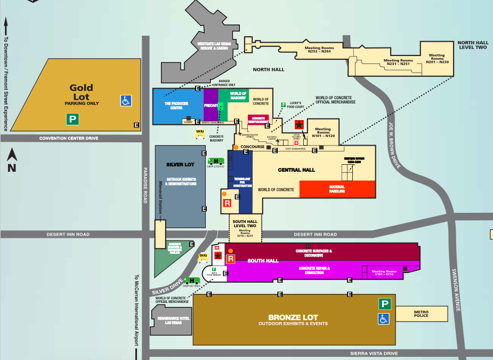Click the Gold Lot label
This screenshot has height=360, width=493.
(81, 92)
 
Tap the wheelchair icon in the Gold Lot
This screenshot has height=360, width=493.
(126, 100)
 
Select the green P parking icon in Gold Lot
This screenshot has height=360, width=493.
(72, 119)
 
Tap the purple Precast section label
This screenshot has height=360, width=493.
(211, 106)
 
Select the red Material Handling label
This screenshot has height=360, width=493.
(336, 189)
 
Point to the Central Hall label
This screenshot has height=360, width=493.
(296, 170)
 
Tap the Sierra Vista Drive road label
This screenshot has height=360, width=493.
(374, 354)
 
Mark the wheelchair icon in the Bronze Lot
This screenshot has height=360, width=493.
(384, 318)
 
